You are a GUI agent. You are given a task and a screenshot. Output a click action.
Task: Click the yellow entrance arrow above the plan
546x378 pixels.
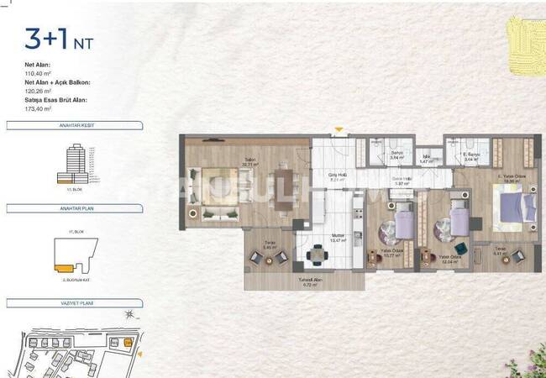tap(338, 130)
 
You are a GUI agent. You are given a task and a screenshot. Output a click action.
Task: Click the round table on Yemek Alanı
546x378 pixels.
tap(318, 255)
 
